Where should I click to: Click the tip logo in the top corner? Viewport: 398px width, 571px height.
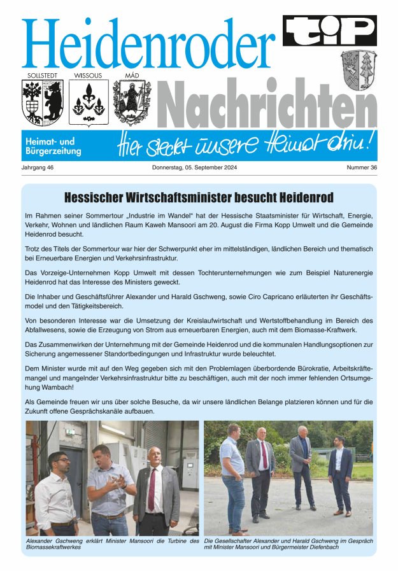click(329, 31)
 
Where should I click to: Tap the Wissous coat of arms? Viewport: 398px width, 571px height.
click(88, 102)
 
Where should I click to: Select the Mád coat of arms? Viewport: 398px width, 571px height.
click(132, 102)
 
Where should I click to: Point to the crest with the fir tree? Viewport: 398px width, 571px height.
click(358, 69)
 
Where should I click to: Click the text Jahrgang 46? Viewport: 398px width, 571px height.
click(37, 168)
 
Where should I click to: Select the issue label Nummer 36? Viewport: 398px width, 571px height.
click(362, 168)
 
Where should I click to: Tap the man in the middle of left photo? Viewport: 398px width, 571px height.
click(109, 490)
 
